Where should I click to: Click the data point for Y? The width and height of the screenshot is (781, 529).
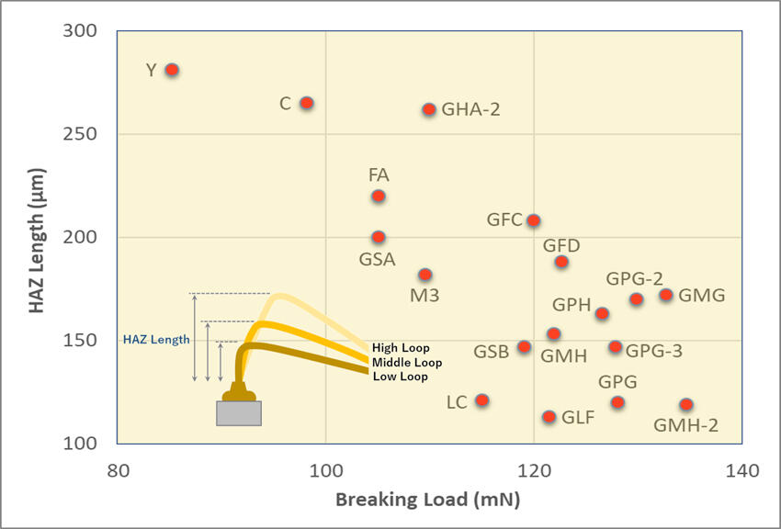point(171,70)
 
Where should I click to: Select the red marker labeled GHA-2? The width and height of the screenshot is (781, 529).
point(429,109)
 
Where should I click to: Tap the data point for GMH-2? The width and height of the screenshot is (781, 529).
point(685,405)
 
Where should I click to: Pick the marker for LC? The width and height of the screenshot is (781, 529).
point(481,400)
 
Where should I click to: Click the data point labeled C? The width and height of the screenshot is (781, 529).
point(307,103)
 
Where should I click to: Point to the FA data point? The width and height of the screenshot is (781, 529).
point(379,197)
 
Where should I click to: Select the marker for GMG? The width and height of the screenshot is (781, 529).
point(666,295)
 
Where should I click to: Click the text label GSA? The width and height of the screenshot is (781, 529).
point(377,260)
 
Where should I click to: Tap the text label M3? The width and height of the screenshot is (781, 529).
point(424,297)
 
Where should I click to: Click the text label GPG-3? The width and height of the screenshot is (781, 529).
point(654,350)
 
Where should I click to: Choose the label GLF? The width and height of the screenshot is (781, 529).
point(578,418)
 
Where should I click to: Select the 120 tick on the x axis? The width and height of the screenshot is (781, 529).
point(533,471)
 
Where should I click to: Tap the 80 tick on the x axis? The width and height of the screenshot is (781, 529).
point(117,471)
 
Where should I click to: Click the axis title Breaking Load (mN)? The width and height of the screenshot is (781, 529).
point(427,501)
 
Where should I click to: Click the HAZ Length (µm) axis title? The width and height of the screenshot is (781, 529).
point(37,238)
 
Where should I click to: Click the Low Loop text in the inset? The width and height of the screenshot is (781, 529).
point(400,377)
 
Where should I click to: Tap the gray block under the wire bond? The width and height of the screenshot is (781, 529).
point(238,413)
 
